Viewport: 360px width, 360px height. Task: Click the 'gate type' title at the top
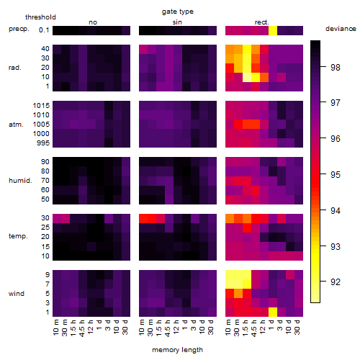(x=178, y=12)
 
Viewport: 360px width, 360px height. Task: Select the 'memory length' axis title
(x=177, y=350)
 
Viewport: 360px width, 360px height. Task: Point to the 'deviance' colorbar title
(x=341, y=29)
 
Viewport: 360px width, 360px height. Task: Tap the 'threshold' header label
(x=40, y=17)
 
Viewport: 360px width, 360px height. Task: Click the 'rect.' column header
(x=262, y=22)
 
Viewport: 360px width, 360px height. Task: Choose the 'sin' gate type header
(x=177, y=22)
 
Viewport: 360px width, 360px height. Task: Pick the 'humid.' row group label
(x=20, y=181)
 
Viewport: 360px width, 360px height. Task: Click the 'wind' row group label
(x=17, y=294)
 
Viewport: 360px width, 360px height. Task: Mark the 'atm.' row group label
(x=16, y=125)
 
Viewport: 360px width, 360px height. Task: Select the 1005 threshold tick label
(x=41, y=125)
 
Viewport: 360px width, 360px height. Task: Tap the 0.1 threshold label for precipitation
(x=44, y=30)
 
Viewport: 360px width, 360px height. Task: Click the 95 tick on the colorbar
(x=336, y=175)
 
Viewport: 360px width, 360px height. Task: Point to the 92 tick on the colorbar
(x=336, y=282)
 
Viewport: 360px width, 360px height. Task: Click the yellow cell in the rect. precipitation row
(x=273, y=30)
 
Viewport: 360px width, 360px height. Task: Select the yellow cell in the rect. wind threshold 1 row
(x=273, y=312)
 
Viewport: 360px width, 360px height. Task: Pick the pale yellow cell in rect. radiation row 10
(x=247, y=77)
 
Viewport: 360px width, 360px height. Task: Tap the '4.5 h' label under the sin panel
(x=168, y=328)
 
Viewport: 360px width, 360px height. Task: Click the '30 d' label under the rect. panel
(x=297, y=327)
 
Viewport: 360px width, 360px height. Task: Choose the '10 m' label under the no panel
(x=55, y=328)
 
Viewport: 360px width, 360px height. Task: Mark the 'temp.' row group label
(x=18, y=236)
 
